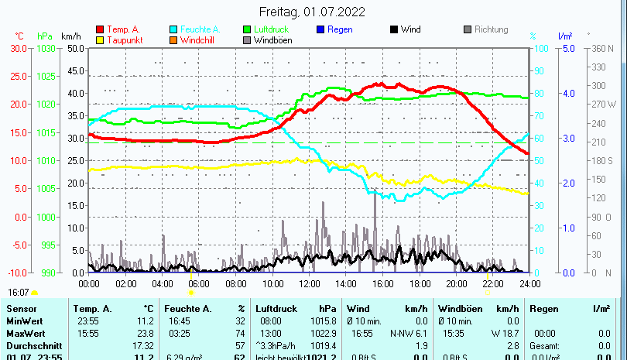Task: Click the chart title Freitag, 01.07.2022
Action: pyautogui.click(x=313, y=12)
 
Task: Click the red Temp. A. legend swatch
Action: pyautogui.click(x=100, y=30)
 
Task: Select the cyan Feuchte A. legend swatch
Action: pyautogui.click(x=174, y=30)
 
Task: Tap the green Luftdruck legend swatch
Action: pyautogui.click(x=248, y=30)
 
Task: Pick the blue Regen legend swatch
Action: pyautogui.click(x=321, y=30)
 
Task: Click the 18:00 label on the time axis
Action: pyautogui.click(x=420, y=284)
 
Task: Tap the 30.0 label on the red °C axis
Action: pyautogui.click(x=19, y=48)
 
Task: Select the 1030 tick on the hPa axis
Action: pyautogui.click(x=46, y=48)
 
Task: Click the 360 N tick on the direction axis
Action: pyautogui.click(x=601, y=48)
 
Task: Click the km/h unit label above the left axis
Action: pyautogui.click(x=71, y=36)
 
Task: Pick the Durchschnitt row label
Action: pyautogui.click(x=32, y=344)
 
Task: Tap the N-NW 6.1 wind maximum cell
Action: pyautogui.click(x=412, y=333)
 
